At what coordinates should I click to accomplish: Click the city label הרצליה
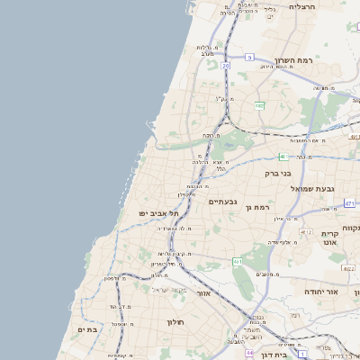point(299,6)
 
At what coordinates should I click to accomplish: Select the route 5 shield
point(248,57)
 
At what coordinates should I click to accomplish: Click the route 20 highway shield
point(225,66)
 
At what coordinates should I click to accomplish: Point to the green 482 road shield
point(259,106)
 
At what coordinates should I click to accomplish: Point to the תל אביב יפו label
point(159,212)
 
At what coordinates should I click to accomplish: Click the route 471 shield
point(349,204)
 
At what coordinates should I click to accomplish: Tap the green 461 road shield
point(238,262)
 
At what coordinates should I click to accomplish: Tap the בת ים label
point(87,330)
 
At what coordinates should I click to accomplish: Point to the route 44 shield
point(248,353)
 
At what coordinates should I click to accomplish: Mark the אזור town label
point(202,293)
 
